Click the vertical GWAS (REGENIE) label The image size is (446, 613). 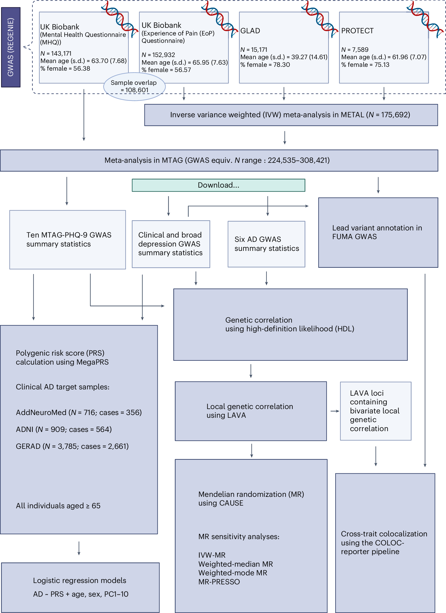(x=11, y=47)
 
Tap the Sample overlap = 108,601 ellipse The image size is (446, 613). (x=134, y=86)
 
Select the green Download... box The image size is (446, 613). (x=218, y=185)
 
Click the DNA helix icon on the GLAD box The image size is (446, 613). (x=319, y=19)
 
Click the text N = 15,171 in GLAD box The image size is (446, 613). (x=254, y=50)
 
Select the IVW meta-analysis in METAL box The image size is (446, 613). (x=291, y=115)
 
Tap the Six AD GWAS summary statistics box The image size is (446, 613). (x=266, y=244)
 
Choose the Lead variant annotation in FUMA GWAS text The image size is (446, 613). (x=377, y=232)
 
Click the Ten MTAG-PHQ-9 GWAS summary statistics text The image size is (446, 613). (x=69, y=239)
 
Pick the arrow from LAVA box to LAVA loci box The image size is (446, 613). (x=334, y=411)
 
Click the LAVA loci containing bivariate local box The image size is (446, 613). (x=375, y=411)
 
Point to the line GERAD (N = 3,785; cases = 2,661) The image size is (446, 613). (x=72, y=446)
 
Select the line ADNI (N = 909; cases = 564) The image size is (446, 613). (x=64, y=429)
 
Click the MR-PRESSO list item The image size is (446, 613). (x=219, y=582)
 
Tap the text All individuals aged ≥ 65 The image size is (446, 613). (x=58, y=506)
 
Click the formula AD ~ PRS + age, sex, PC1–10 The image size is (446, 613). (x=80, y=594)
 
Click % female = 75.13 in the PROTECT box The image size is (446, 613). (x=365, y=65)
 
